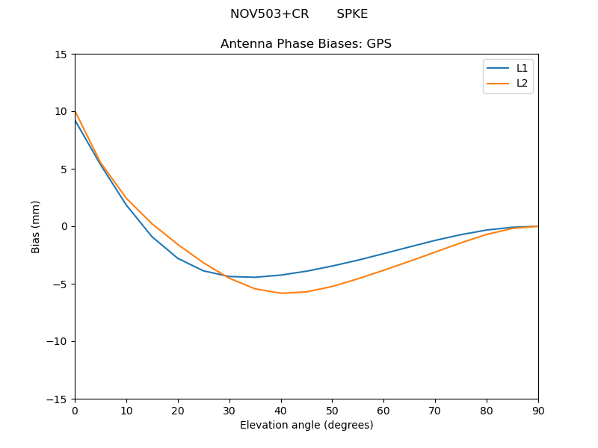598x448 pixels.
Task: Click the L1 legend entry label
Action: point(523,68)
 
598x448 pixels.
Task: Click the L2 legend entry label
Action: point(523,83)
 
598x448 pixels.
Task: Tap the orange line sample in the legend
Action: point(498,83)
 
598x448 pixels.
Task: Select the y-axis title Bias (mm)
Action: point(36,226)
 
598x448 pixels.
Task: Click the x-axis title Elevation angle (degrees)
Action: point(306,425)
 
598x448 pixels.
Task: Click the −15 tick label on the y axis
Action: point(58,399)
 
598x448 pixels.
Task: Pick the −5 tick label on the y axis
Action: point(61,284)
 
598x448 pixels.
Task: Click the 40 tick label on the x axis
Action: point(281,411)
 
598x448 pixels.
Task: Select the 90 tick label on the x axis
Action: point(538,411)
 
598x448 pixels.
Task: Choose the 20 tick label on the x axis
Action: point(178,411)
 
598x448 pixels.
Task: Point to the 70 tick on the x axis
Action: point(435,411)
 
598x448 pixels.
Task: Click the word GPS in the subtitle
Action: point(379,44)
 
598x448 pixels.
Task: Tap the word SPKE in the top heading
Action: point(352,14)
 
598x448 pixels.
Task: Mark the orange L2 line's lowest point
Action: point(281,293)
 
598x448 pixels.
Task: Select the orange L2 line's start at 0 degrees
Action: point(75,112)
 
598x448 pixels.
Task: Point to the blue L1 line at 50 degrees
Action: point(332,266)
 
